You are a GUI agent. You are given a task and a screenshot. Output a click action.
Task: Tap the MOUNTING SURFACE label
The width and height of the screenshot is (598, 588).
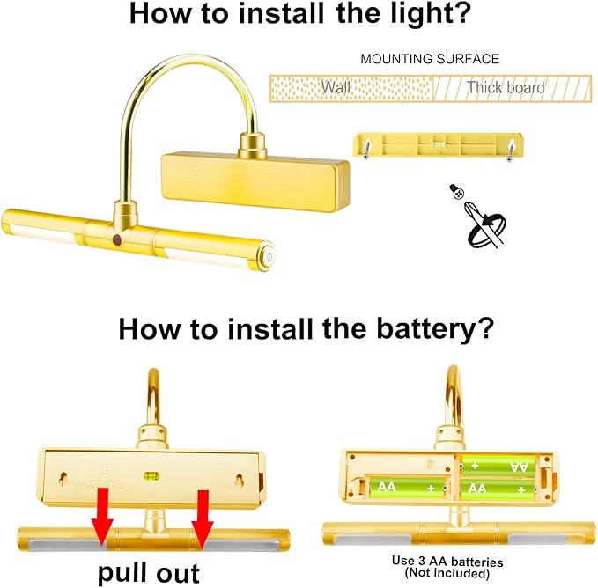coord(430,59)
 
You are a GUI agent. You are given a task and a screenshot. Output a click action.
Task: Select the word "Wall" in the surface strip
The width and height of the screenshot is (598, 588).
coord(336,87)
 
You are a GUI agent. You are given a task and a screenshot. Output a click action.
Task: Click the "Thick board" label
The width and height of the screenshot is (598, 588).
coord(506,87)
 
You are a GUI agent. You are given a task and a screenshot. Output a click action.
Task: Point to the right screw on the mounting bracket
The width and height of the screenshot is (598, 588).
coord(510,150)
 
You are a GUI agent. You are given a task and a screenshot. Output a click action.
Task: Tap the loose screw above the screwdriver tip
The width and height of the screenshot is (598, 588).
coord(456,191)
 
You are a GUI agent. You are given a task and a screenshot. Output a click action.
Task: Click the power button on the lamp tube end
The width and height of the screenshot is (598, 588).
coord(269,256)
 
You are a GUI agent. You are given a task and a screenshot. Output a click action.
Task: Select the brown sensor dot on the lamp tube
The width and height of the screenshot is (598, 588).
coord(117,239)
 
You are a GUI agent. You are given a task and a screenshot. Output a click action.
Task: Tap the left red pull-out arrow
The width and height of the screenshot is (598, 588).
coord(102,517)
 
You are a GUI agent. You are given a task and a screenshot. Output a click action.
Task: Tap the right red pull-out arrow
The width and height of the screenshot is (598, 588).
coord(203,519)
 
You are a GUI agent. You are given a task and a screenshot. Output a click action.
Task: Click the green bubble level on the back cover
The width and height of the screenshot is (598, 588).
coord(151,475)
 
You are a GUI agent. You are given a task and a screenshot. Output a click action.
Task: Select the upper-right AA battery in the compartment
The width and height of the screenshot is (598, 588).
coord(498,466)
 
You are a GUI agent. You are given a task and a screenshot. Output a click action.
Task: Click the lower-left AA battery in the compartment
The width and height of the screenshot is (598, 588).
coord(407,487)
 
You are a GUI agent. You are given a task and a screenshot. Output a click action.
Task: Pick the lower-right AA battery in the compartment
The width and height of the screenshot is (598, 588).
coord(498,489)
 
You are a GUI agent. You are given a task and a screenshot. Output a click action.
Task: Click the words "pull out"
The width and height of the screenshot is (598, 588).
coord(149,573)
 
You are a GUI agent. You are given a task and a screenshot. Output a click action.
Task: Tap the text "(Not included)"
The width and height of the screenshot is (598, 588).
coord(447,573)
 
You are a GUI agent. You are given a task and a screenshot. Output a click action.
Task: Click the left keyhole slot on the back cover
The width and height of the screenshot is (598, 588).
coord(63,479)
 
